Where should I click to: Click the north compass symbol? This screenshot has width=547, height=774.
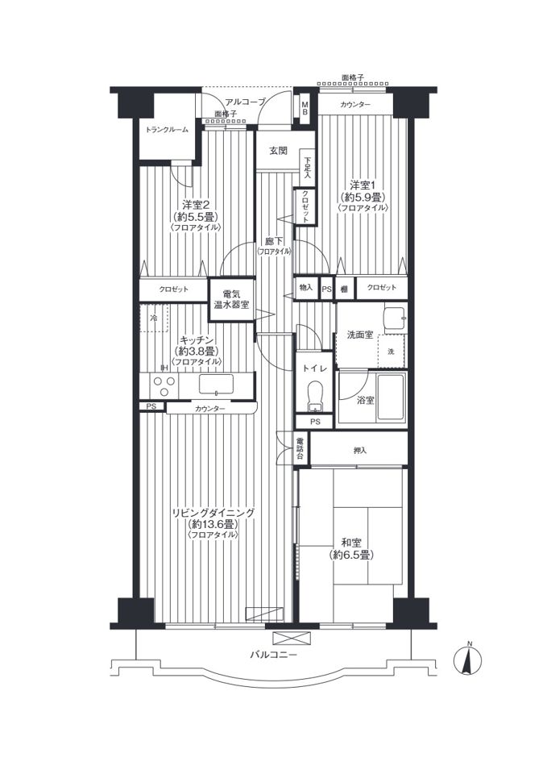coord(467,659)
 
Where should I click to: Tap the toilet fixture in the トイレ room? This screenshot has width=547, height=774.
coord(313,396)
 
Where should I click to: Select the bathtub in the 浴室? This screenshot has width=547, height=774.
coord(391,397)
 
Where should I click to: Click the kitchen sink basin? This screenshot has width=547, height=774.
coord(216,384)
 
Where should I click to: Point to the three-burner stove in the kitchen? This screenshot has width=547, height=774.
coord(164,385)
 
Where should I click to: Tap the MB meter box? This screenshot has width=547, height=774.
coord(305,108)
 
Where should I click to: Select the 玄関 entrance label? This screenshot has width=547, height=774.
coord(278,151)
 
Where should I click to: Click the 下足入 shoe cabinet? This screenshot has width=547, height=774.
coord(308,167)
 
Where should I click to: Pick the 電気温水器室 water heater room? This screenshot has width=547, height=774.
coord(231,300)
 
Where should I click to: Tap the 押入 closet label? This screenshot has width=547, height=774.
coord(360,451)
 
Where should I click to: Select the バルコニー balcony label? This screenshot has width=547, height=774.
coord(273,655)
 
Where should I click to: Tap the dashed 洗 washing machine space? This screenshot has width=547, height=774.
coord(392,351)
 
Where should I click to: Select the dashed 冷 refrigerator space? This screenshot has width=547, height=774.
coord(154,318)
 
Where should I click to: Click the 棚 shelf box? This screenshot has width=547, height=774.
coord(344,289)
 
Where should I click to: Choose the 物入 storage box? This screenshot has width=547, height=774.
coord(306,288)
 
